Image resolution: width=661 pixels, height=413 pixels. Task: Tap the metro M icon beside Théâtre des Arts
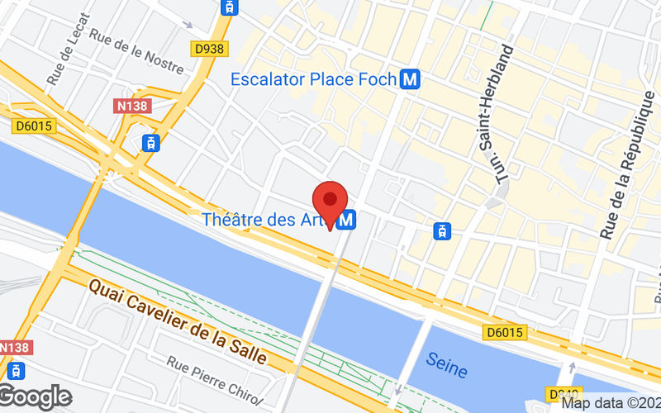pyautogui.click(x=348, y=220)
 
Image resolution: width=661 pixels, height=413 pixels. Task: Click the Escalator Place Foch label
pyautogui.click(x=314, y=80)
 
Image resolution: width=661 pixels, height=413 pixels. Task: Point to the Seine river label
pyautogui.click(x=446, y=360)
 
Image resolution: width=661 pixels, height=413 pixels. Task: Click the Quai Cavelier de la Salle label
pyautogui.click(x=177, y=321)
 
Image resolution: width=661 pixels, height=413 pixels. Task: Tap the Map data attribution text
pyautogui.click(x=610, y=404)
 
